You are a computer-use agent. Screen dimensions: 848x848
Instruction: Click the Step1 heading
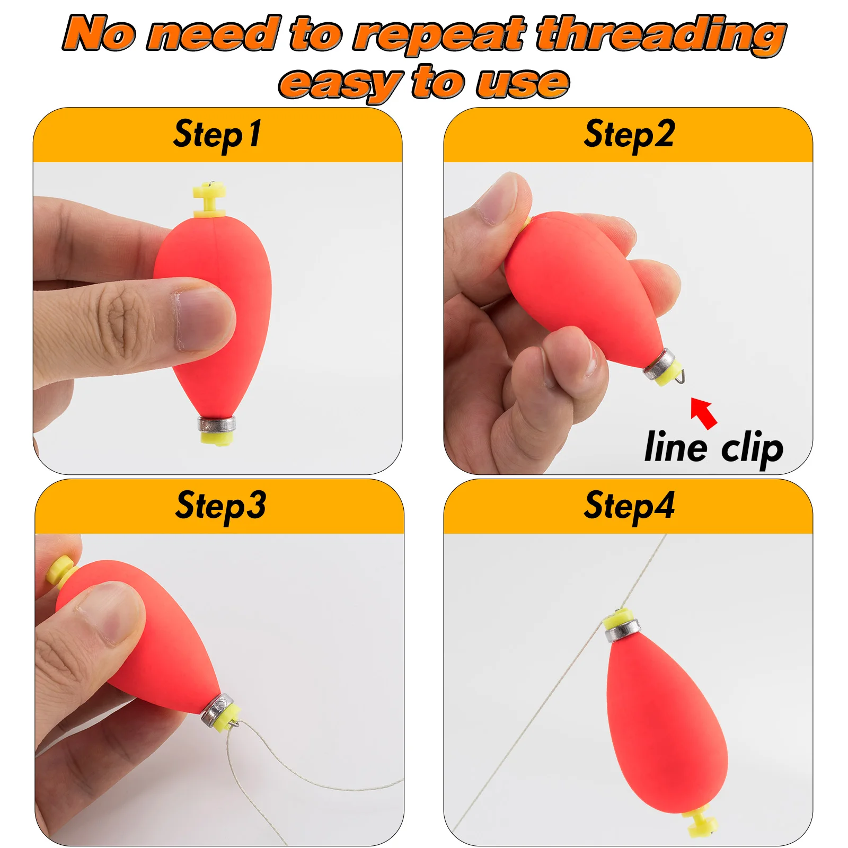[x=217, y=134]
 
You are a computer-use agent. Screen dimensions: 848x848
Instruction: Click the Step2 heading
[x=629, y=134]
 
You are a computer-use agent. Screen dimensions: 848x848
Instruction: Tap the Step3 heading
[x=220, y=506]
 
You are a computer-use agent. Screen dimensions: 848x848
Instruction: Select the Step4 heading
[x=629, y=506]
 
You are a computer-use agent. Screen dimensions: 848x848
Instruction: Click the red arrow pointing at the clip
[x=704, y=412]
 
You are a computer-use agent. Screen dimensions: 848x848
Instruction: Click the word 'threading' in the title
[x=660, y=34]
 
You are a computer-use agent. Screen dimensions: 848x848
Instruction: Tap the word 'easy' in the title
[x=340, y=83]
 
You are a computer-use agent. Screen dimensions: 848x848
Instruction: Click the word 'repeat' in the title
[x=439, y=34]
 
